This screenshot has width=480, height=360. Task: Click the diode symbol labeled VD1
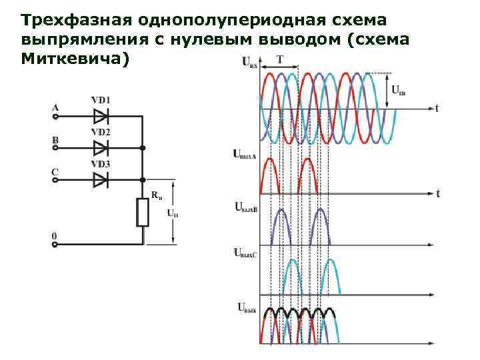pyautogui.click(x=101, y=116)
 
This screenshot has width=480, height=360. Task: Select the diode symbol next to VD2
pyautogui.click(x=101, y=147)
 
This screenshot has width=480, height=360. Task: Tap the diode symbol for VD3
pyautogui.click(x=101, y=179)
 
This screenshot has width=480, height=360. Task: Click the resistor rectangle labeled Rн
pyautogui.click(x=142, y=213)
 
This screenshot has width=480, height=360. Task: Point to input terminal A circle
pyautogui.click(x=55, y=116)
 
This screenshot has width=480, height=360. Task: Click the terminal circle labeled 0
pyautogui.click(x=55, y=245)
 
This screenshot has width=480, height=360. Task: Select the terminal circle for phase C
pyautogui.click(x=55, y=180)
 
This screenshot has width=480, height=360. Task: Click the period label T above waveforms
pyautogui.click(x=280, y=59)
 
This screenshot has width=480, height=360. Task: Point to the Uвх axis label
pyautogui.click(x=249, y=63)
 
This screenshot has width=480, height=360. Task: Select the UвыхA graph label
pyautogui.click(x=244, y=154)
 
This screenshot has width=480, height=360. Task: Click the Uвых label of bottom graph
pyautogui.click(x=247, y=307)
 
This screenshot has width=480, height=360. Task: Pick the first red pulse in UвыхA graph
pyautogui.click(x=270, y=175)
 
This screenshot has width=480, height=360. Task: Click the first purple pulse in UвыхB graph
pyautogui.click(x=281, y=225)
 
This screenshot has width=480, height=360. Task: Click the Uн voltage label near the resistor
pyautogui.click(x=172, y=213)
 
